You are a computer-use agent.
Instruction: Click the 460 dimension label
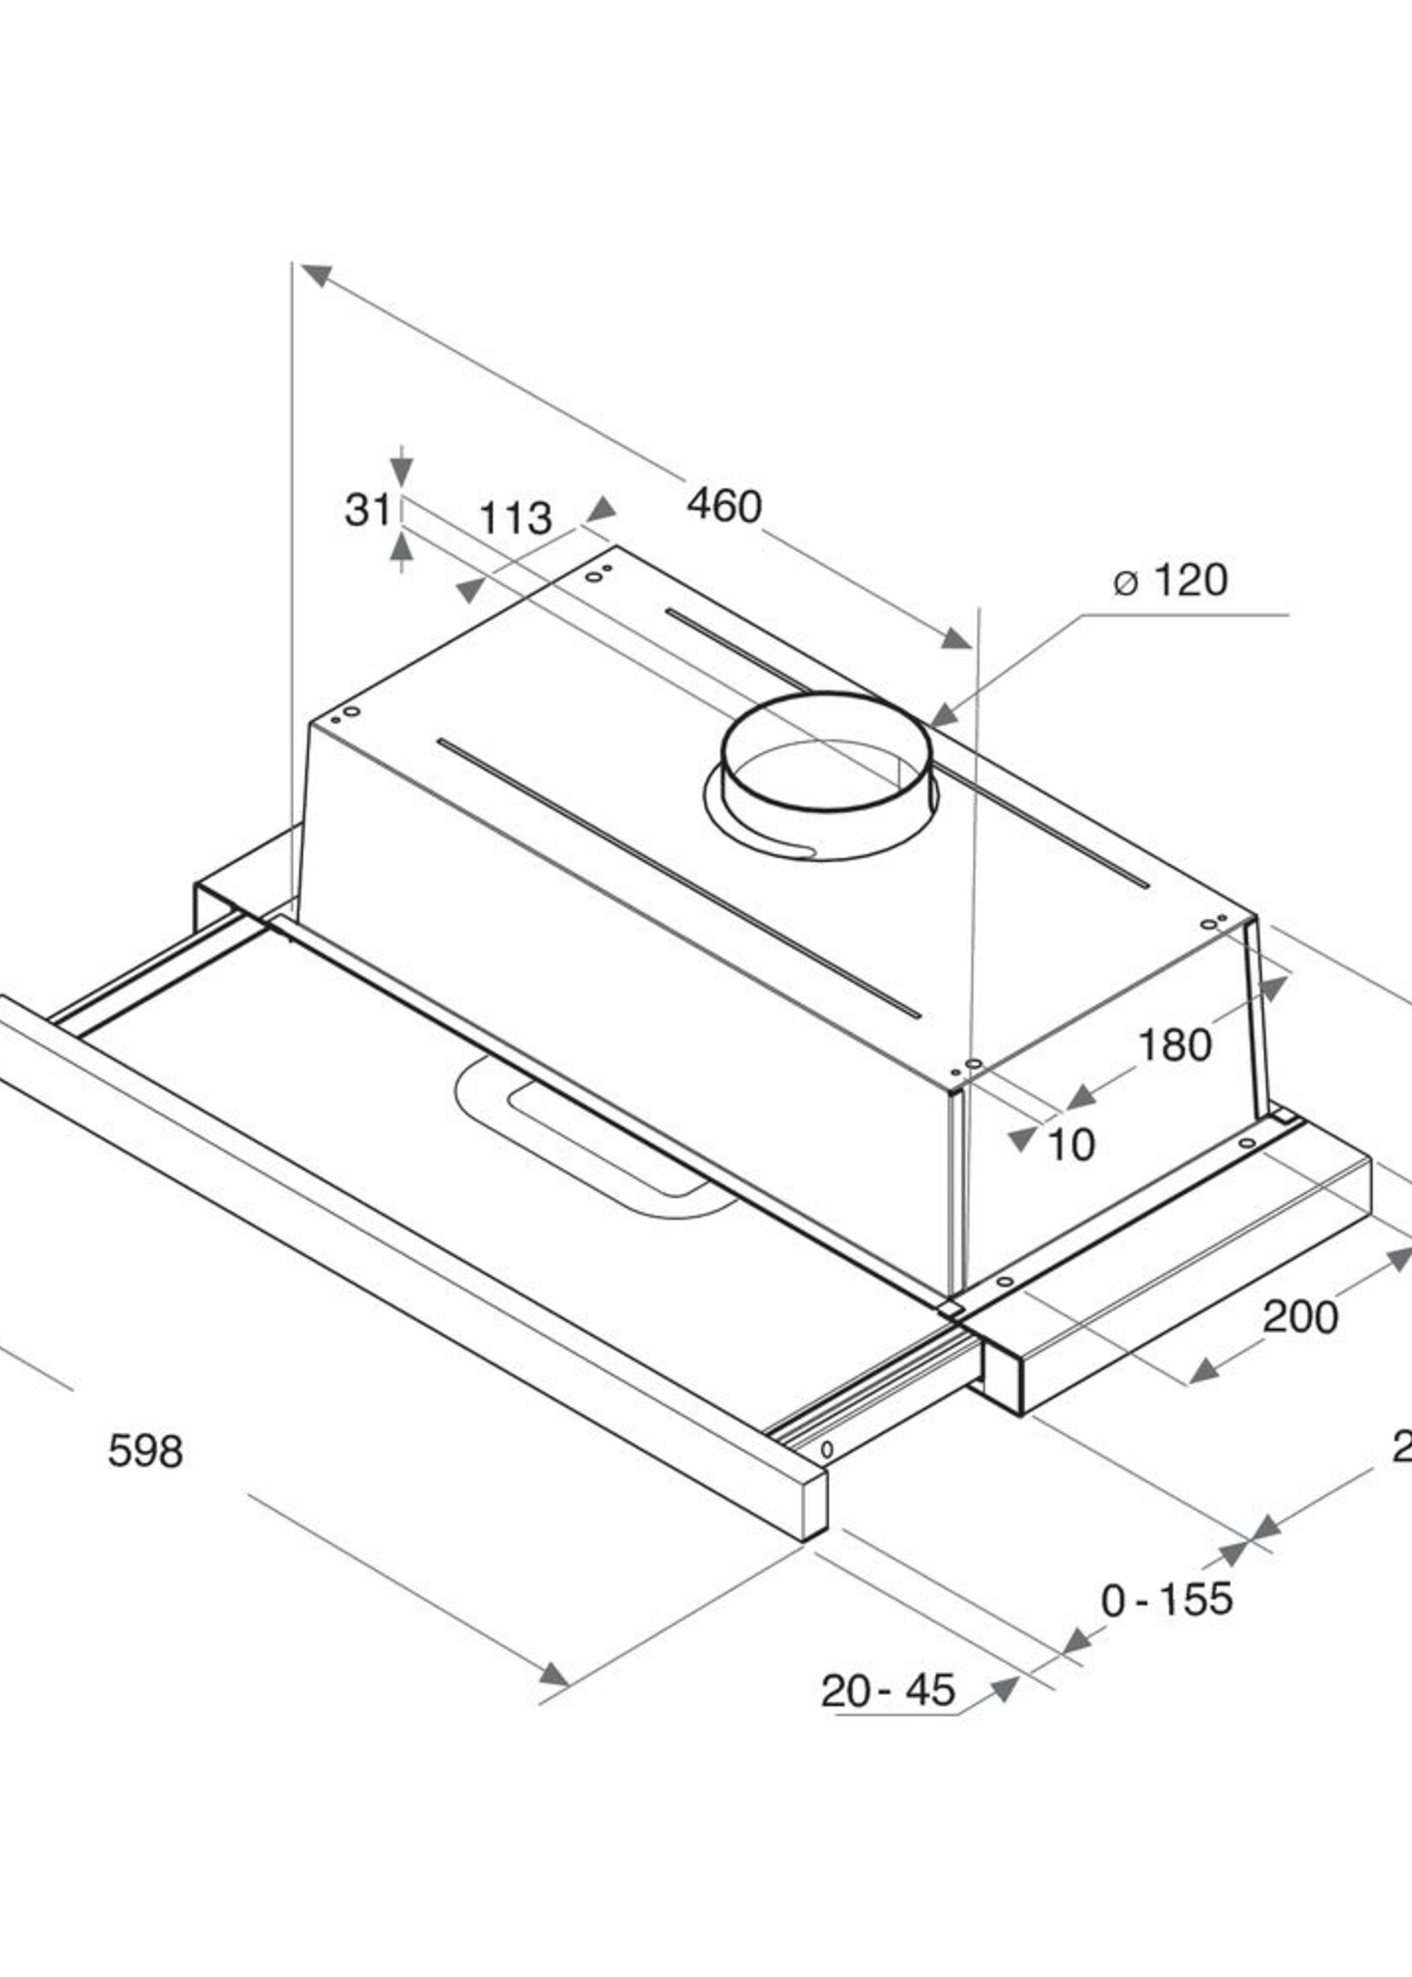[x=723, y=506]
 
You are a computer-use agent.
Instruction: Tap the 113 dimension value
[x=515, y=519]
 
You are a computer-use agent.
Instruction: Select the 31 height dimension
[x=368, y=510]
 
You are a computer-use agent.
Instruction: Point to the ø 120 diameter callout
[x=1171, y=580]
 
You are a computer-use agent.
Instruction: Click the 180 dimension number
[x=1174, y=1045]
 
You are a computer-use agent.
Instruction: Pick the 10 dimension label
[x=1071, y=1146]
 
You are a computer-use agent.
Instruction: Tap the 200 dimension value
[x=1300, y=1317]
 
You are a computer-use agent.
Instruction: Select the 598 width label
[x=145, y=1451]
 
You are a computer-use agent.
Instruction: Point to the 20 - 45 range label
[x=888, y=1691]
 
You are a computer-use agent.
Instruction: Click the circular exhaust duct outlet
[x=826, y=765]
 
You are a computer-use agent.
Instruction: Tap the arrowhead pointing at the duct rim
[x=944, y=715]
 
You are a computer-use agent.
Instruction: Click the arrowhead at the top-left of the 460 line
[x=317, y=274]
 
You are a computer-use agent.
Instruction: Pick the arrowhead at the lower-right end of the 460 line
[x=956, y=639]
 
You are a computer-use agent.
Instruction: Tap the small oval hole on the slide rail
[x=827, y=1450]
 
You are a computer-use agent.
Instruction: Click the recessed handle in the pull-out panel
[x=591, y=1144]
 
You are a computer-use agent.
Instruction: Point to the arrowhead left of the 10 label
[x=1023, y=1139]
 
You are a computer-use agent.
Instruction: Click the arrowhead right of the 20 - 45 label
[x=1004, y=1689]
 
